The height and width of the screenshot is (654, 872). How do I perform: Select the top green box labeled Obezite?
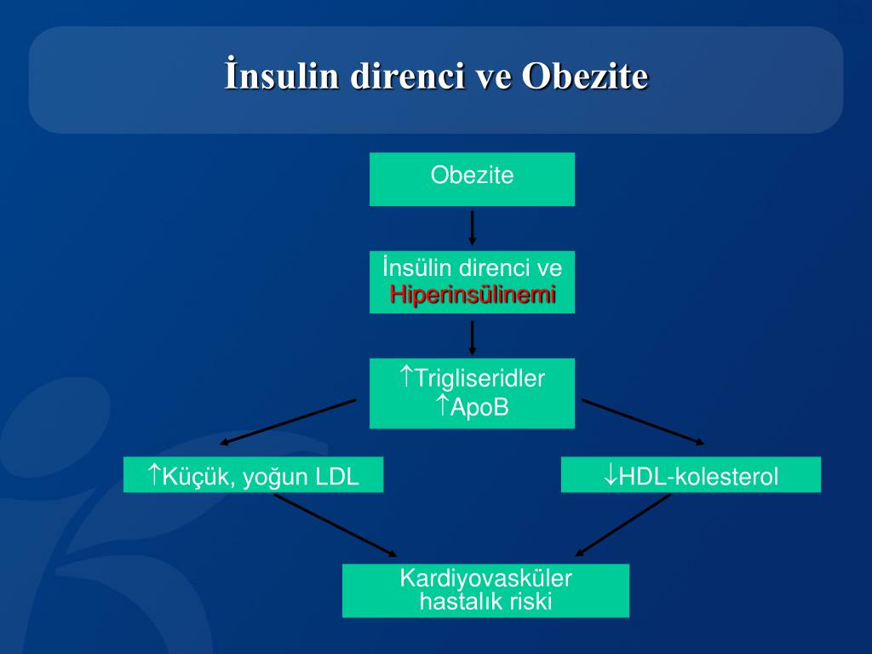472,179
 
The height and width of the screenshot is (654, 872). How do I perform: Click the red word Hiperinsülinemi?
473,295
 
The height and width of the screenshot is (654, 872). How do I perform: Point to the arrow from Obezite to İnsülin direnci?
473,227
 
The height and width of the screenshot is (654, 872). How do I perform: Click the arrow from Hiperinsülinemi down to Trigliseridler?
473,336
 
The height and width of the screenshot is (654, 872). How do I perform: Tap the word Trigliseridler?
479,378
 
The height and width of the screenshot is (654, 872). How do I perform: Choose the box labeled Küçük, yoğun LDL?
253,474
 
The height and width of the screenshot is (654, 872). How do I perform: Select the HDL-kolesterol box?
691,474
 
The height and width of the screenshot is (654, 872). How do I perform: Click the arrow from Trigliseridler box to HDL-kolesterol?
643,422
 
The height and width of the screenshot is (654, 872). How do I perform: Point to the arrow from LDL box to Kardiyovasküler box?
335,526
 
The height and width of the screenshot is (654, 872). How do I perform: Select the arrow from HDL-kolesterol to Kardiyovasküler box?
623,525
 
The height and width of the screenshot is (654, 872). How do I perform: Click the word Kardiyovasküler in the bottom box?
485,579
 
